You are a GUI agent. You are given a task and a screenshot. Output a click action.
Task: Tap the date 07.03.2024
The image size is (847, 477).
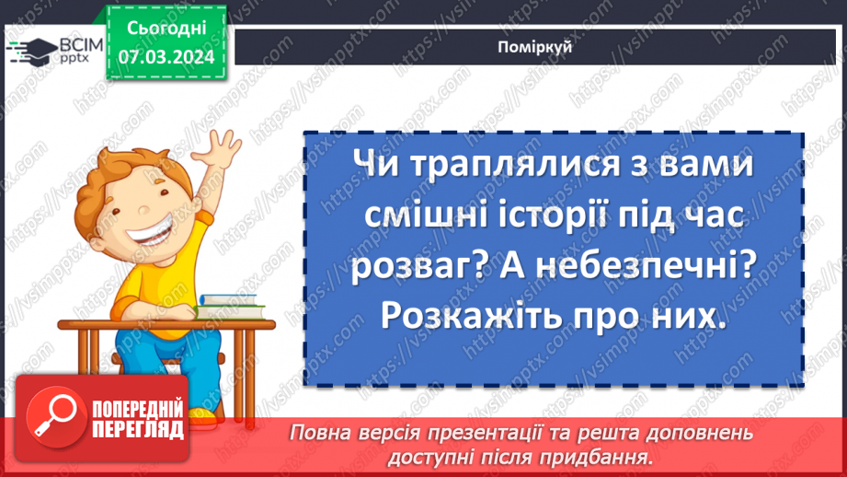(166, 57)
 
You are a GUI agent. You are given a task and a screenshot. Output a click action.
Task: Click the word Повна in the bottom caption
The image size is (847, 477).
(318, 433)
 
